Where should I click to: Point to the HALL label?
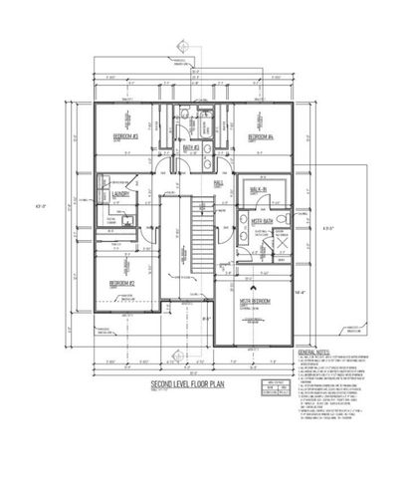tap(219, 184)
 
